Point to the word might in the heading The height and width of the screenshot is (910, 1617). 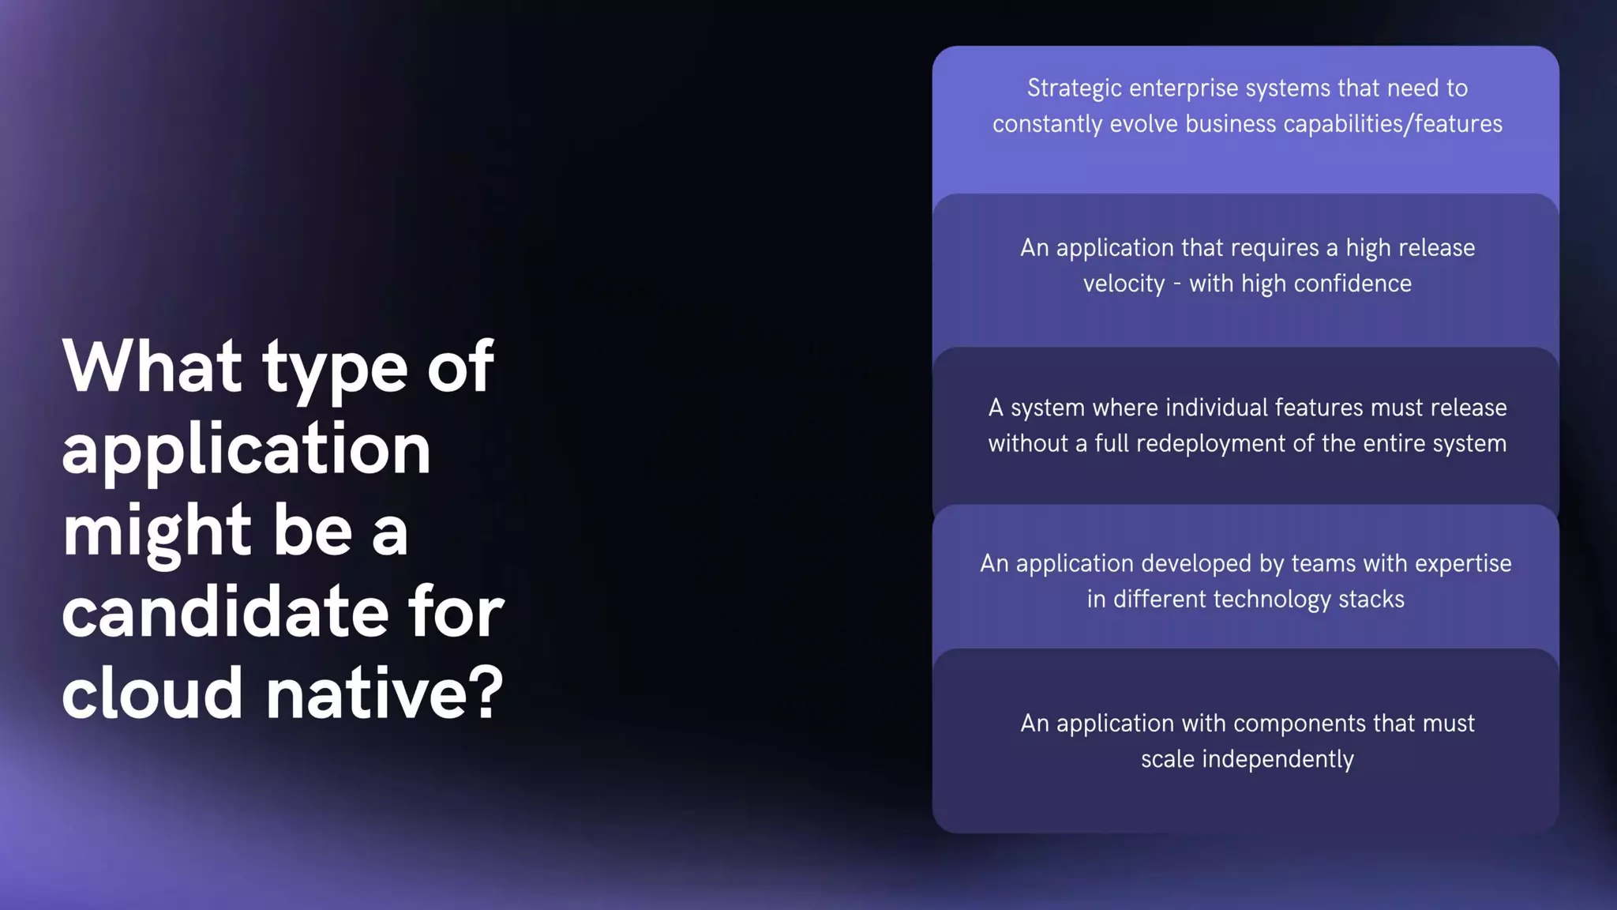[x=156, y=531]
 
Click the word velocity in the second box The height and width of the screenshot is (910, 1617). [x=1124, y=284]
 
